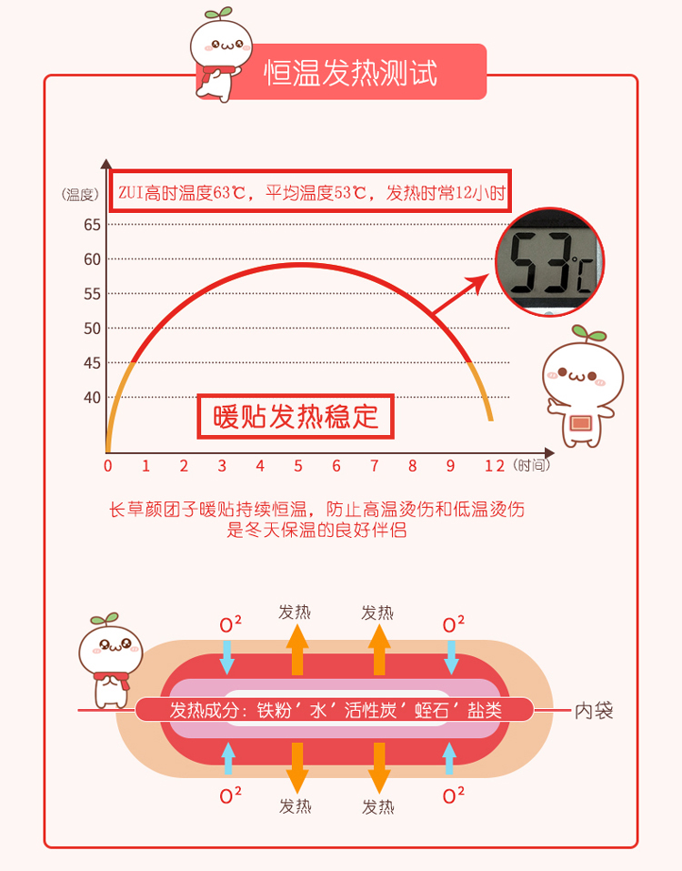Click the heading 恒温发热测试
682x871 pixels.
[351, 72]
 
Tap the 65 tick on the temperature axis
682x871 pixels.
[92, 225]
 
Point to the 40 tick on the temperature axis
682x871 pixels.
[92, 397]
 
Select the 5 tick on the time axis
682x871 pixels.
[297, 466]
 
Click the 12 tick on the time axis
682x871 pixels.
[494, 466]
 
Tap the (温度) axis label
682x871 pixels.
[80, 194]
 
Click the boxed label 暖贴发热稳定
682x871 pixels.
[296, 417]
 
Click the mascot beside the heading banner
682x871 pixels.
[220, 57]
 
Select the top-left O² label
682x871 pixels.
[231, 624]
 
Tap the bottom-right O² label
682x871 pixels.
[453, 795]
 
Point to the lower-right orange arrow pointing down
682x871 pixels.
[378, 766]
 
